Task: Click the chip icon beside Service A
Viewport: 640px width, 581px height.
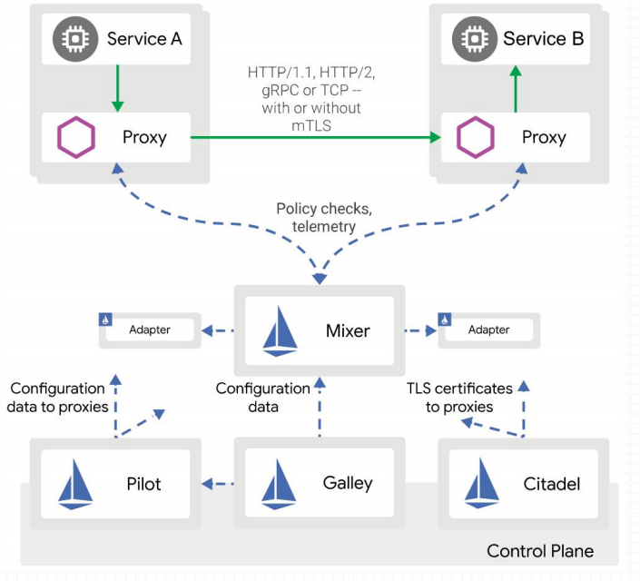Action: point(75,39)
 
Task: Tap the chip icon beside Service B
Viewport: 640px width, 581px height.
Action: point(475,39)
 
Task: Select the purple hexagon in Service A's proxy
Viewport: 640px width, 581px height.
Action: point(76,137)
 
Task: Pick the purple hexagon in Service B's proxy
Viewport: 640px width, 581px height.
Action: point(476,137)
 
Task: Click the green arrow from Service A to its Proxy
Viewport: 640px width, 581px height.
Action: point(117,88)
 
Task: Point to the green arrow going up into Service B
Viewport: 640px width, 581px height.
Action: point(516,89)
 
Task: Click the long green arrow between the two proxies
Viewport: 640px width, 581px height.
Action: point(316,137)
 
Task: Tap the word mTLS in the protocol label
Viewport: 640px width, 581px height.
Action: point(311,125)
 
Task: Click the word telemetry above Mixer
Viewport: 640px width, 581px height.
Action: point(324,226)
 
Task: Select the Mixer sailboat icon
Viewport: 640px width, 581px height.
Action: point(280,331)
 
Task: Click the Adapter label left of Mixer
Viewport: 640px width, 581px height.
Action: point(150,330)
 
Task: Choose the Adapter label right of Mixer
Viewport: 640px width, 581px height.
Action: point(488,330)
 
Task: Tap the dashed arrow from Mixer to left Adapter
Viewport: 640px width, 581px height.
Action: point(218,330)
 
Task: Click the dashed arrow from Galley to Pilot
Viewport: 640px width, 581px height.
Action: point(218,484)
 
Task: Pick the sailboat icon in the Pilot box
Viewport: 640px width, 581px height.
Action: point(75,484)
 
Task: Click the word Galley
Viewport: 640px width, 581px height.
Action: point(348,484)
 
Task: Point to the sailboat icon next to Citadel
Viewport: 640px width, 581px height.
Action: point(482,483)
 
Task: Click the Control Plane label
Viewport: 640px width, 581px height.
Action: point(540,551)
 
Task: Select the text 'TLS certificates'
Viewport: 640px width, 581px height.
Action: point(459,389)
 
